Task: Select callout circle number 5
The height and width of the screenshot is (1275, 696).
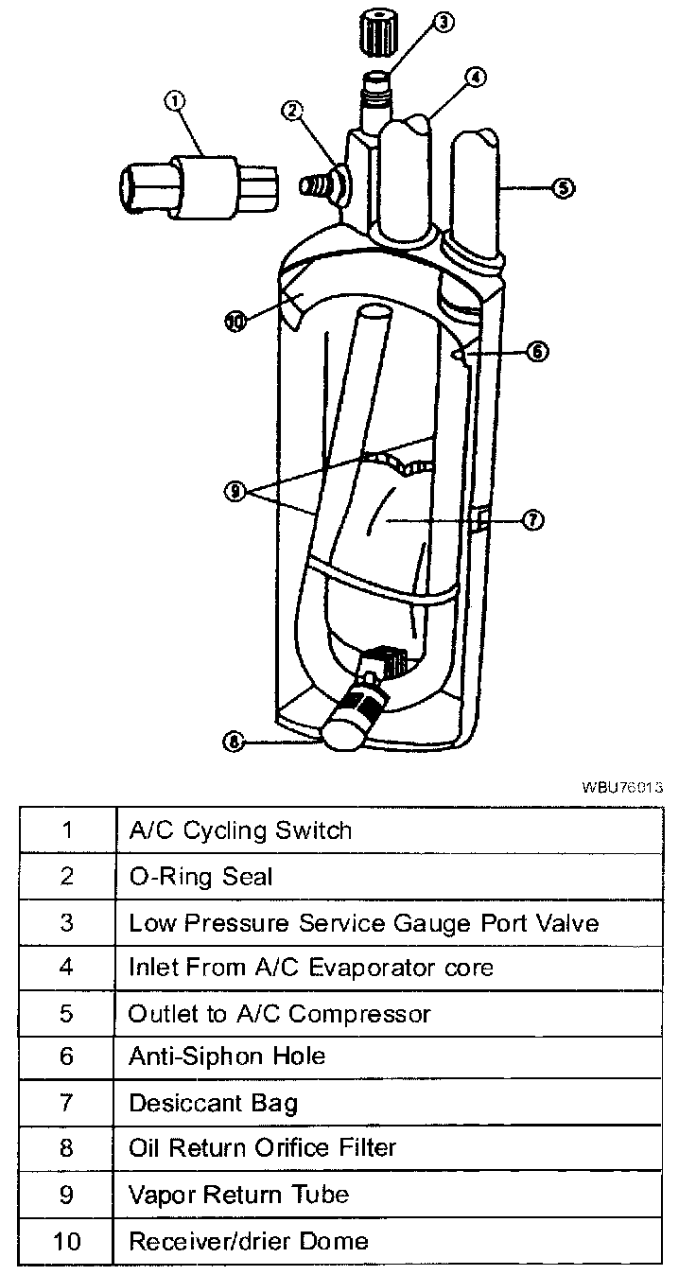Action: [563, 188]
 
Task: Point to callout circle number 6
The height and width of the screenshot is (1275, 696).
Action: [535, 352]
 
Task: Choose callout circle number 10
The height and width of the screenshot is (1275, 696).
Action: [235, 321]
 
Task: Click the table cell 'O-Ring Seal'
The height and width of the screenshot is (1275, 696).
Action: [200, 877]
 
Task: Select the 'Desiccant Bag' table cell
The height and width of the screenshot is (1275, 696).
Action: [213, 1103]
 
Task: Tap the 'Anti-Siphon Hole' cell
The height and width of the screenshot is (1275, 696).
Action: [227, 1057]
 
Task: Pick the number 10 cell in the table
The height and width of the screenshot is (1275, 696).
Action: [66, 1240]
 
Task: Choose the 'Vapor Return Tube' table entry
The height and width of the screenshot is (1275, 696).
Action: [238, 1195]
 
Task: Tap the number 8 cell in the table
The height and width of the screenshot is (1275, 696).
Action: [66, 1148]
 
